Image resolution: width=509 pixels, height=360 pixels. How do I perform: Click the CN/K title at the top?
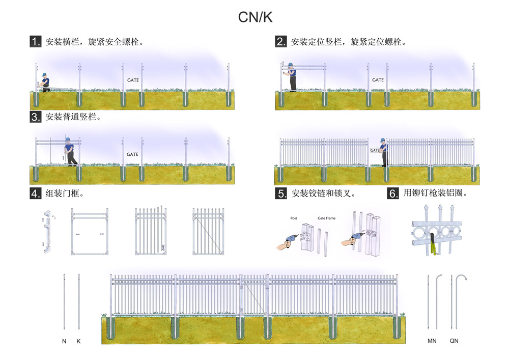[255, 17]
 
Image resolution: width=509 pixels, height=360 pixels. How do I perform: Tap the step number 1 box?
[35, 42]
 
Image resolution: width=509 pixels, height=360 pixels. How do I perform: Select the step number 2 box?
[280, 42]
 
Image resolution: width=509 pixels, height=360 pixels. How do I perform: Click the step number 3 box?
[35, 117]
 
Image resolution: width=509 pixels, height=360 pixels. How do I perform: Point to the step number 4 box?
[35, 193]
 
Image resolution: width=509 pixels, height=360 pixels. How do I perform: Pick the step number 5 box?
[280, 193]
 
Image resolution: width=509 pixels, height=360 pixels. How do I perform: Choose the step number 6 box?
[392, 193]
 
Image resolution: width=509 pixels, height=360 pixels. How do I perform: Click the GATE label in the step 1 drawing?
[132, 80]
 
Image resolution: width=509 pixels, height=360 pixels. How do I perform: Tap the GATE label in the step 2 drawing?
[378, 80]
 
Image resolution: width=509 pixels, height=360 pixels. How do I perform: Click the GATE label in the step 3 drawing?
[132, 154]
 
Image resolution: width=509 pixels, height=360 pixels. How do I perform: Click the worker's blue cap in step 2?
[291, 65]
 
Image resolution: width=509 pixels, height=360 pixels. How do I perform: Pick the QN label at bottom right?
[454, 341]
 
